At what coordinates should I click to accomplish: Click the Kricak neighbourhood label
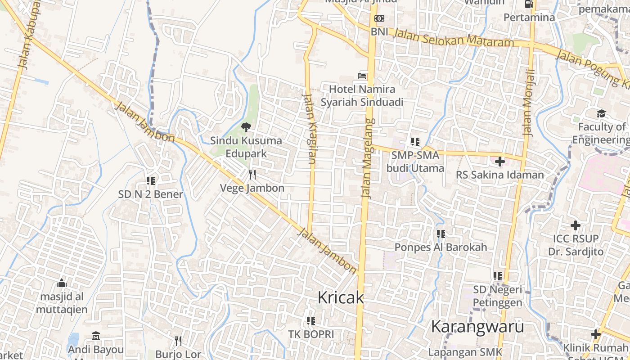click(340, 297)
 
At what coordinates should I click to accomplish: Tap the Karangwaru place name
click(477, 327)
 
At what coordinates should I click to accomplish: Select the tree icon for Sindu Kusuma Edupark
click(246, 127)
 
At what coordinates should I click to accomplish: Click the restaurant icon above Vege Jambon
click(252, 175)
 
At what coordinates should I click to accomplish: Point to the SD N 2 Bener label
click(150, 194)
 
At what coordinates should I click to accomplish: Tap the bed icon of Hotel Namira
click(362, 76)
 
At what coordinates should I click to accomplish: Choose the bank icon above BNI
click(379, 18)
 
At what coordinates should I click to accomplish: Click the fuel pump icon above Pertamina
click(529, 4)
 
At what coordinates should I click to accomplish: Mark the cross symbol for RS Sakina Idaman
click(499, 161)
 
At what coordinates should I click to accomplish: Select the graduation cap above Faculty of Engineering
click(601, 113)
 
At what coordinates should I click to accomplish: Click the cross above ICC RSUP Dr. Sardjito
click(576, 225)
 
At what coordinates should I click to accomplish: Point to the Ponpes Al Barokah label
click(441, 247)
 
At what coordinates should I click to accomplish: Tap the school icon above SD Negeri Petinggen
click(497, 276)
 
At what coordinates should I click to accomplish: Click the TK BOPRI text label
click(311, 334)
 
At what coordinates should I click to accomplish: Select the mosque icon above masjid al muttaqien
click(62, 283)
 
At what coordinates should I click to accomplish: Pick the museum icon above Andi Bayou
click(95, 336)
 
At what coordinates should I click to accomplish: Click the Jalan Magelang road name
click(368, 158)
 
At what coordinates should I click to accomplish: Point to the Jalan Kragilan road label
click(310, 128)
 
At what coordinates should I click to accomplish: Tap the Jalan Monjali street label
click(529, 103)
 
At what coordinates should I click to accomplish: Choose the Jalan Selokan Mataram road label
click(454, 38)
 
